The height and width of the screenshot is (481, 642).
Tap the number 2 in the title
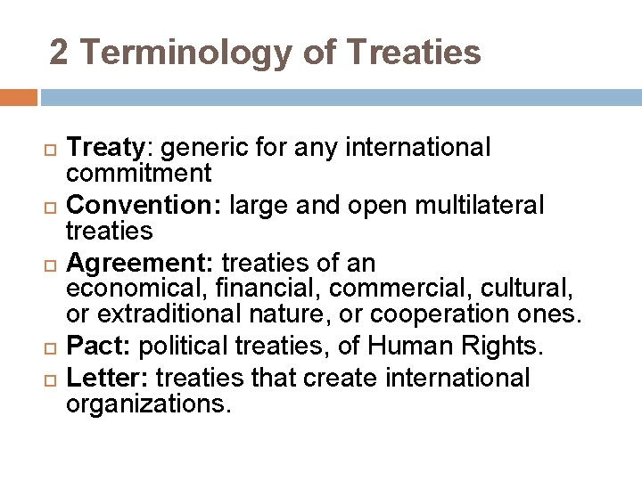click(x=59, y=52)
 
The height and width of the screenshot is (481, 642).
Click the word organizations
click(x=148, y=404)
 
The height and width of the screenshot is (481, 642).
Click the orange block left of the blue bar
click(x=18, y=97)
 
